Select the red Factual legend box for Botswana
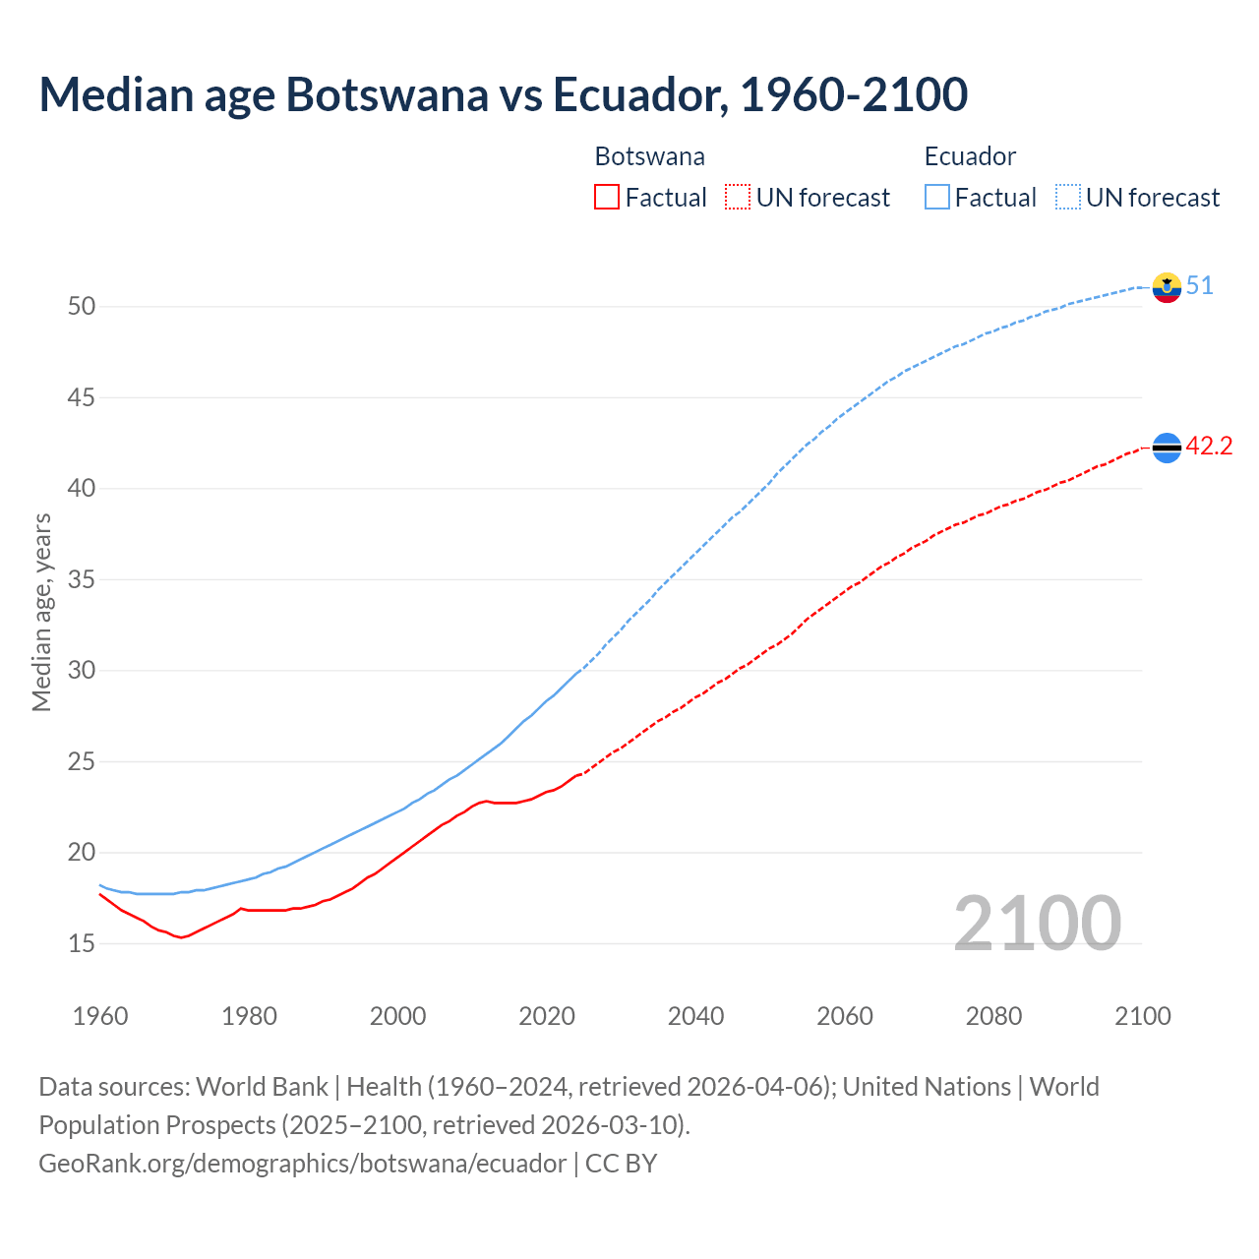pos(607,198)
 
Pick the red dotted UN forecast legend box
pos(738,198)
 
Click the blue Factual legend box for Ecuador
pos(937,198)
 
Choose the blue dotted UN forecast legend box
pos(1068,198)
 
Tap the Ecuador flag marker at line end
pos(1167,287)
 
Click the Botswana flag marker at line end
pos(1167,448)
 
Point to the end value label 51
pos(1200,286)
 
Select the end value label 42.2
pos(1209,447)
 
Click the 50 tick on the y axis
pos(82,306)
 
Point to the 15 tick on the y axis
pos(82,944)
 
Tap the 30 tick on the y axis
pos(82,671)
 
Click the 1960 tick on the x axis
pos(100,1016)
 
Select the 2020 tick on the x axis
pos(547,1016)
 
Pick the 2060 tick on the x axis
pos(845,1016)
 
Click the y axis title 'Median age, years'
pos(41,612)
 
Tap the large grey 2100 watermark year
pos(1038,923)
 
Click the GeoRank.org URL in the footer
pos(302,1164)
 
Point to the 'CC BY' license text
pos(621,1164)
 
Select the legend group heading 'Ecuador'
pos(970,156)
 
